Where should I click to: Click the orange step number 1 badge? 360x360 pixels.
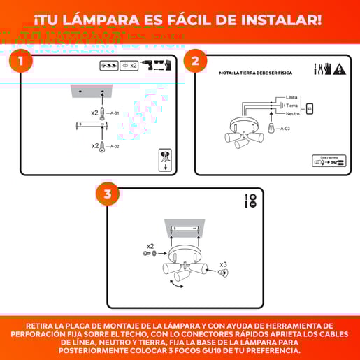pos(22,62)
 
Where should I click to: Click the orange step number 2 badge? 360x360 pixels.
pos(196,62)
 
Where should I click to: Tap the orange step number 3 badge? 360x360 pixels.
pos(108,195)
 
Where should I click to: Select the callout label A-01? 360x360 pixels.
pos(115,113)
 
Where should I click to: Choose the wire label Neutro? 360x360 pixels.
pos(293,113)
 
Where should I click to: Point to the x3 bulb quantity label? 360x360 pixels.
pos(224,264)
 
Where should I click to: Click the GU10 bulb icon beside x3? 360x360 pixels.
pos(222,273)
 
